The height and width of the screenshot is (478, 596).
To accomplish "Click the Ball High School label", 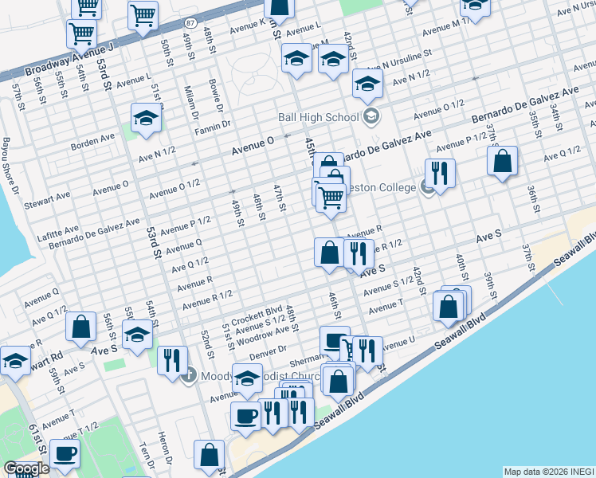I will click(x=318, y=117).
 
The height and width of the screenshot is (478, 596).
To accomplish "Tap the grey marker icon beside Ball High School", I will click(x=371, y=118).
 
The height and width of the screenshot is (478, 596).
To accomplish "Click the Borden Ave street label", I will click(x=92, y=139).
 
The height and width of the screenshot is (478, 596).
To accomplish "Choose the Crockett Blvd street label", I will click(x=264, y=311).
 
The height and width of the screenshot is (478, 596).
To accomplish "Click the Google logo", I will click(x=26, y=468).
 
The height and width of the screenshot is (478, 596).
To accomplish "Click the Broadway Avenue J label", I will click(x=70, y=60).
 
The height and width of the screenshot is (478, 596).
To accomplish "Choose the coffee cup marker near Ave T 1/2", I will click(x=65, y=453).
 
